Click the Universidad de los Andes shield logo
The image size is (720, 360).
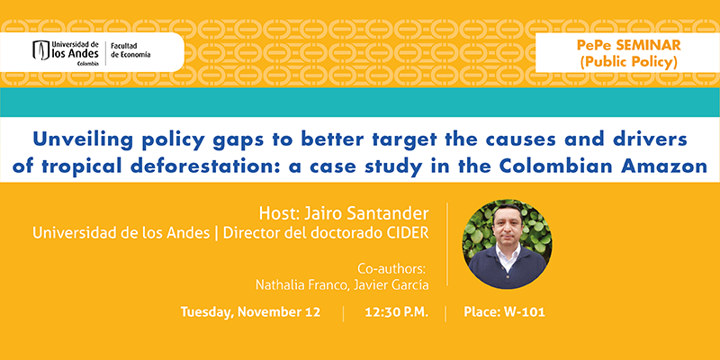click(40, 50)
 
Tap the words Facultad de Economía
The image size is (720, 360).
click(130, 50)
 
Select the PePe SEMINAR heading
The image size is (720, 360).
click(629, 45)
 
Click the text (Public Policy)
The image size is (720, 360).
click(628, 62)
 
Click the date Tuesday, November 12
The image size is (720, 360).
click(250, 312)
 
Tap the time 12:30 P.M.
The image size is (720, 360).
click(397, 312)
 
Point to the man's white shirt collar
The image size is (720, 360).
click(508, 252)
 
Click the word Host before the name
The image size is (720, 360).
click(274, 213)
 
